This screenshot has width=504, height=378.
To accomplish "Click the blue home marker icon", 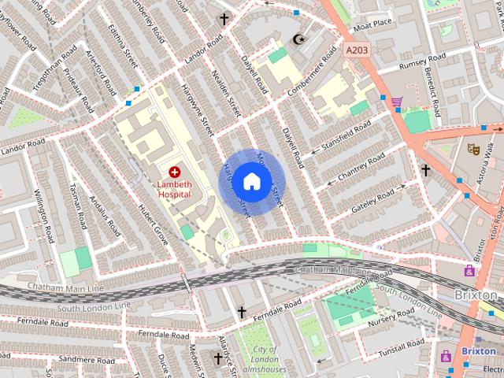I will [250, 181].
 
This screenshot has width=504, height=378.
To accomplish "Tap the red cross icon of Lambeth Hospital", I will [174, 171].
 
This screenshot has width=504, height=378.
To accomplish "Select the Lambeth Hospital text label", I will [174, 187].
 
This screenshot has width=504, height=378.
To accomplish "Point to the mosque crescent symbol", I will [298, 39].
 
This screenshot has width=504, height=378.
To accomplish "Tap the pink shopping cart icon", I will [397, 102].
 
